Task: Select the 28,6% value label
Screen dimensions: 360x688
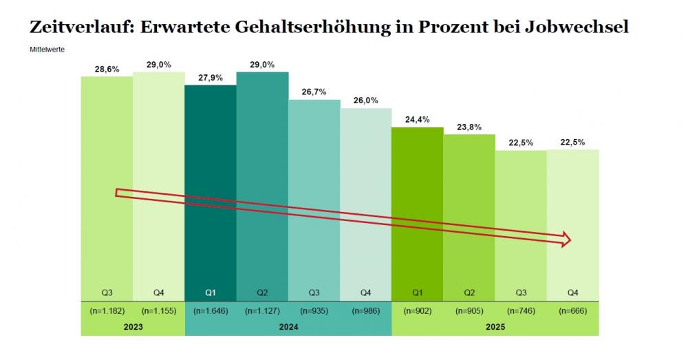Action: [x=107, y=70]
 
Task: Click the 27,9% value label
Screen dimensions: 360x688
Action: [x=210, y=78]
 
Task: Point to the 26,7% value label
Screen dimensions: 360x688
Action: [x=314, y=92]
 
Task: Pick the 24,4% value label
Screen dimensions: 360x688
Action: [x=417, y=120]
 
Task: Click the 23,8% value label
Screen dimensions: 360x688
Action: [x=469, y=127]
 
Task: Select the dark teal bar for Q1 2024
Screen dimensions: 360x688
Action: [x=210, y=186]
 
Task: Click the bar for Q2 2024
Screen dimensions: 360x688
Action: [x=262, y=179]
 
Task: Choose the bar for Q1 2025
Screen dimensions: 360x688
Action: [x=417, y=207]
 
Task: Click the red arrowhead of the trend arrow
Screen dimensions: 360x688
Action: [x=566, y=239]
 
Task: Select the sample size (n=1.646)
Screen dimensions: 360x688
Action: [x=210, y=310]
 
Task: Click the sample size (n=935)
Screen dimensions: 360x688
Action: [x=314, y=310]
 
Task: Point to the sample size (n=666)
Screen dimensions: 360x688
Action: [x=572, y=310]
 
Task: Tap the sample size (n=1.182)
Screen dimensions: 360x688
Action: [x=107, y=310]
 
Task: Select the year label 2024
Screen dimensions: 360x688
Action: [x=288, y=327]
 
